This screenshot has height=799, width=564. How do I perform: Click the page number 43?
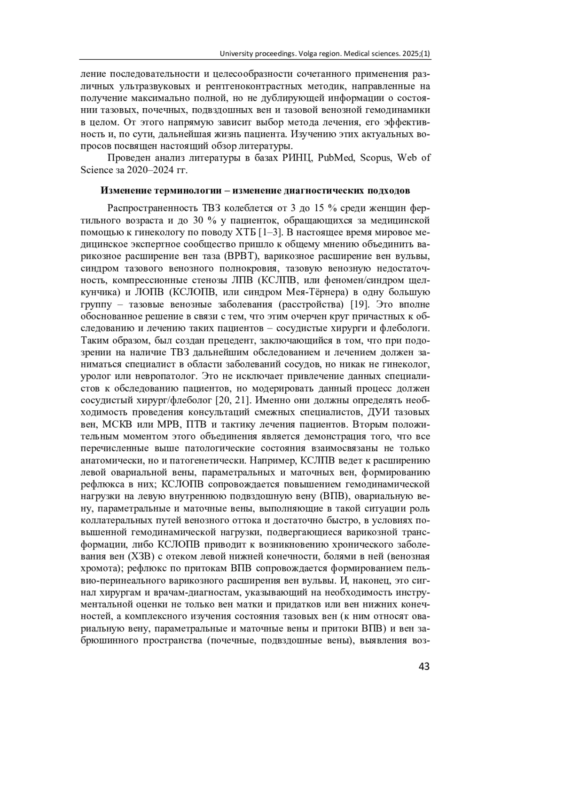click(x=423, y=666)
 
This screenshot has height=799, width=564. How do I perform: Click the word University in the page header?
click(x=237, y=54)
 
